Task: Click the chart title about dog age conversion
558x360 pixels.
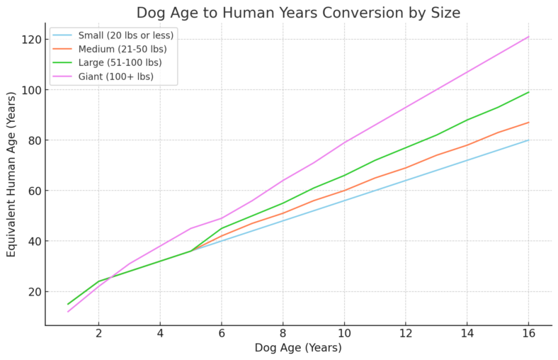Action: (x=297, y=12)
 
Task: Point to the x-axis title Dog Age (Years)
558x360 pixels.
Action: (x=297, y=348)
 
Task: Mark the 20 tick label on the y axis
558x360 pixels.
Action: (x=31, y=292)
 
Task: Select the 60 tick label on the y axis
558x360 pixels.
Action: (x=31, y=191)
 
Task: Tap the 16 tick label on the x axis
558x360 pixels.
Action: (x=528, y=333)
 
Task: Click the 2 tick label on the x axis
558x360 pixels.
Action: (x=99, y=333)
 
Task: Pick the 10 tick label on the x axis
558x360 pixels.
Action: (x=344, y=333)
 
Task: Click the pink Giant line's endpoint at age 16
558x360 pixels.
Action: (x=528, y=37)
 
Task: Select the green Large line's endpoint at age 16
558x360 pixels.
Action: (x=528, y=92)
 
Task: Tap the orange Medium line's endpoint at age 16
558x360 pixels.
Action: (x=528, y=123)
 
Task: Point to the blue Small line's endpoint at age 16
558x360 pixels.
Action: (x=528, y=140)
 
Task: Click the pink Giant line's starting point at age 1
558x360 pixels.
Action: (x=68, y=312)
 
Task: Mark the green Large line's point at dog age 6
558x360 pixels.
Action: (x=222, y=228)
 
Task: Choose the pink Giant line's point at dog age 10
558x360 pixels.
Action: (x=344, y=142)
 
